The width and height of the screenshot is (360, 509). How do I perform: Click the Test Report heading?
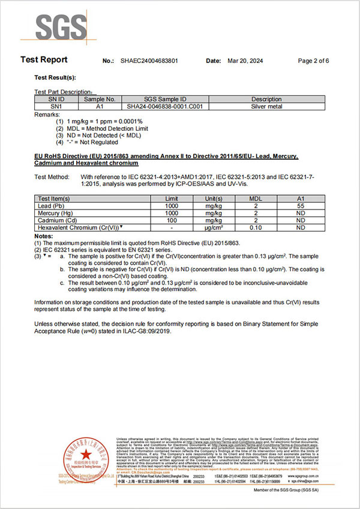tap(44, 59)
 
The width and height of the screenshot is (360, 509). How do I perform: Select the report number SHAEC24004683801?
tap(149, 61)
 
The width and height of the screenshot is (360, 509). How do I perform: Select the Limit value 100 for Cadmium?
tap(172, 220)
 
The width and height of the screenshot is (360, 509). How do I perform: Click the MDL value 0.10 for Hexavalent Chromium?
tap(257, 228)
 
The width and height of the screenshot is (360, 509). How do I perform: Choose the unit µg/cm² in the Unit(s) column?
tap(214, 228)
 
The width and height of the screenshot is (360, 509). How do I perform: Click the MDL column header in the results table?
tap(257, 198)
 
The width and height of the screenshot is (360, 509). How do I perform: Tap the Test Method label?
tap(52, 177)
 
